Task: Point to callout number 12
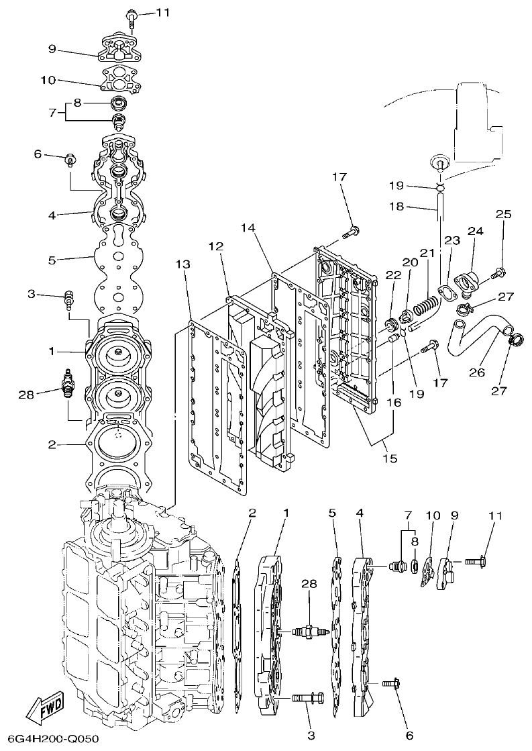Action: [x=215, y=246]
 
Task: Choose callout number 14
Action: [x=248, y=228]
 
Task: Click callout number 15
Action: [x=390, y=459]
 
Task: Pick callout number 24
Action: [x=476, y=232]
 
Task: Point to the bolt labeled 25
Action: [x=499, y=272]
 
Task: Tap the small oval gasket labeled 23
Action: [x=443, y=291]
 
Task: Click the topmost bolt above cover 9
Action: [x=131, y=15]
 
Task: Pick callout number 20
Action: [x=409, y=261]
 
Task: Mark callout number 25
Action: [x=503, y=215]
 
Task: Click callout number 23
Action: [x=451, y=240]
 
